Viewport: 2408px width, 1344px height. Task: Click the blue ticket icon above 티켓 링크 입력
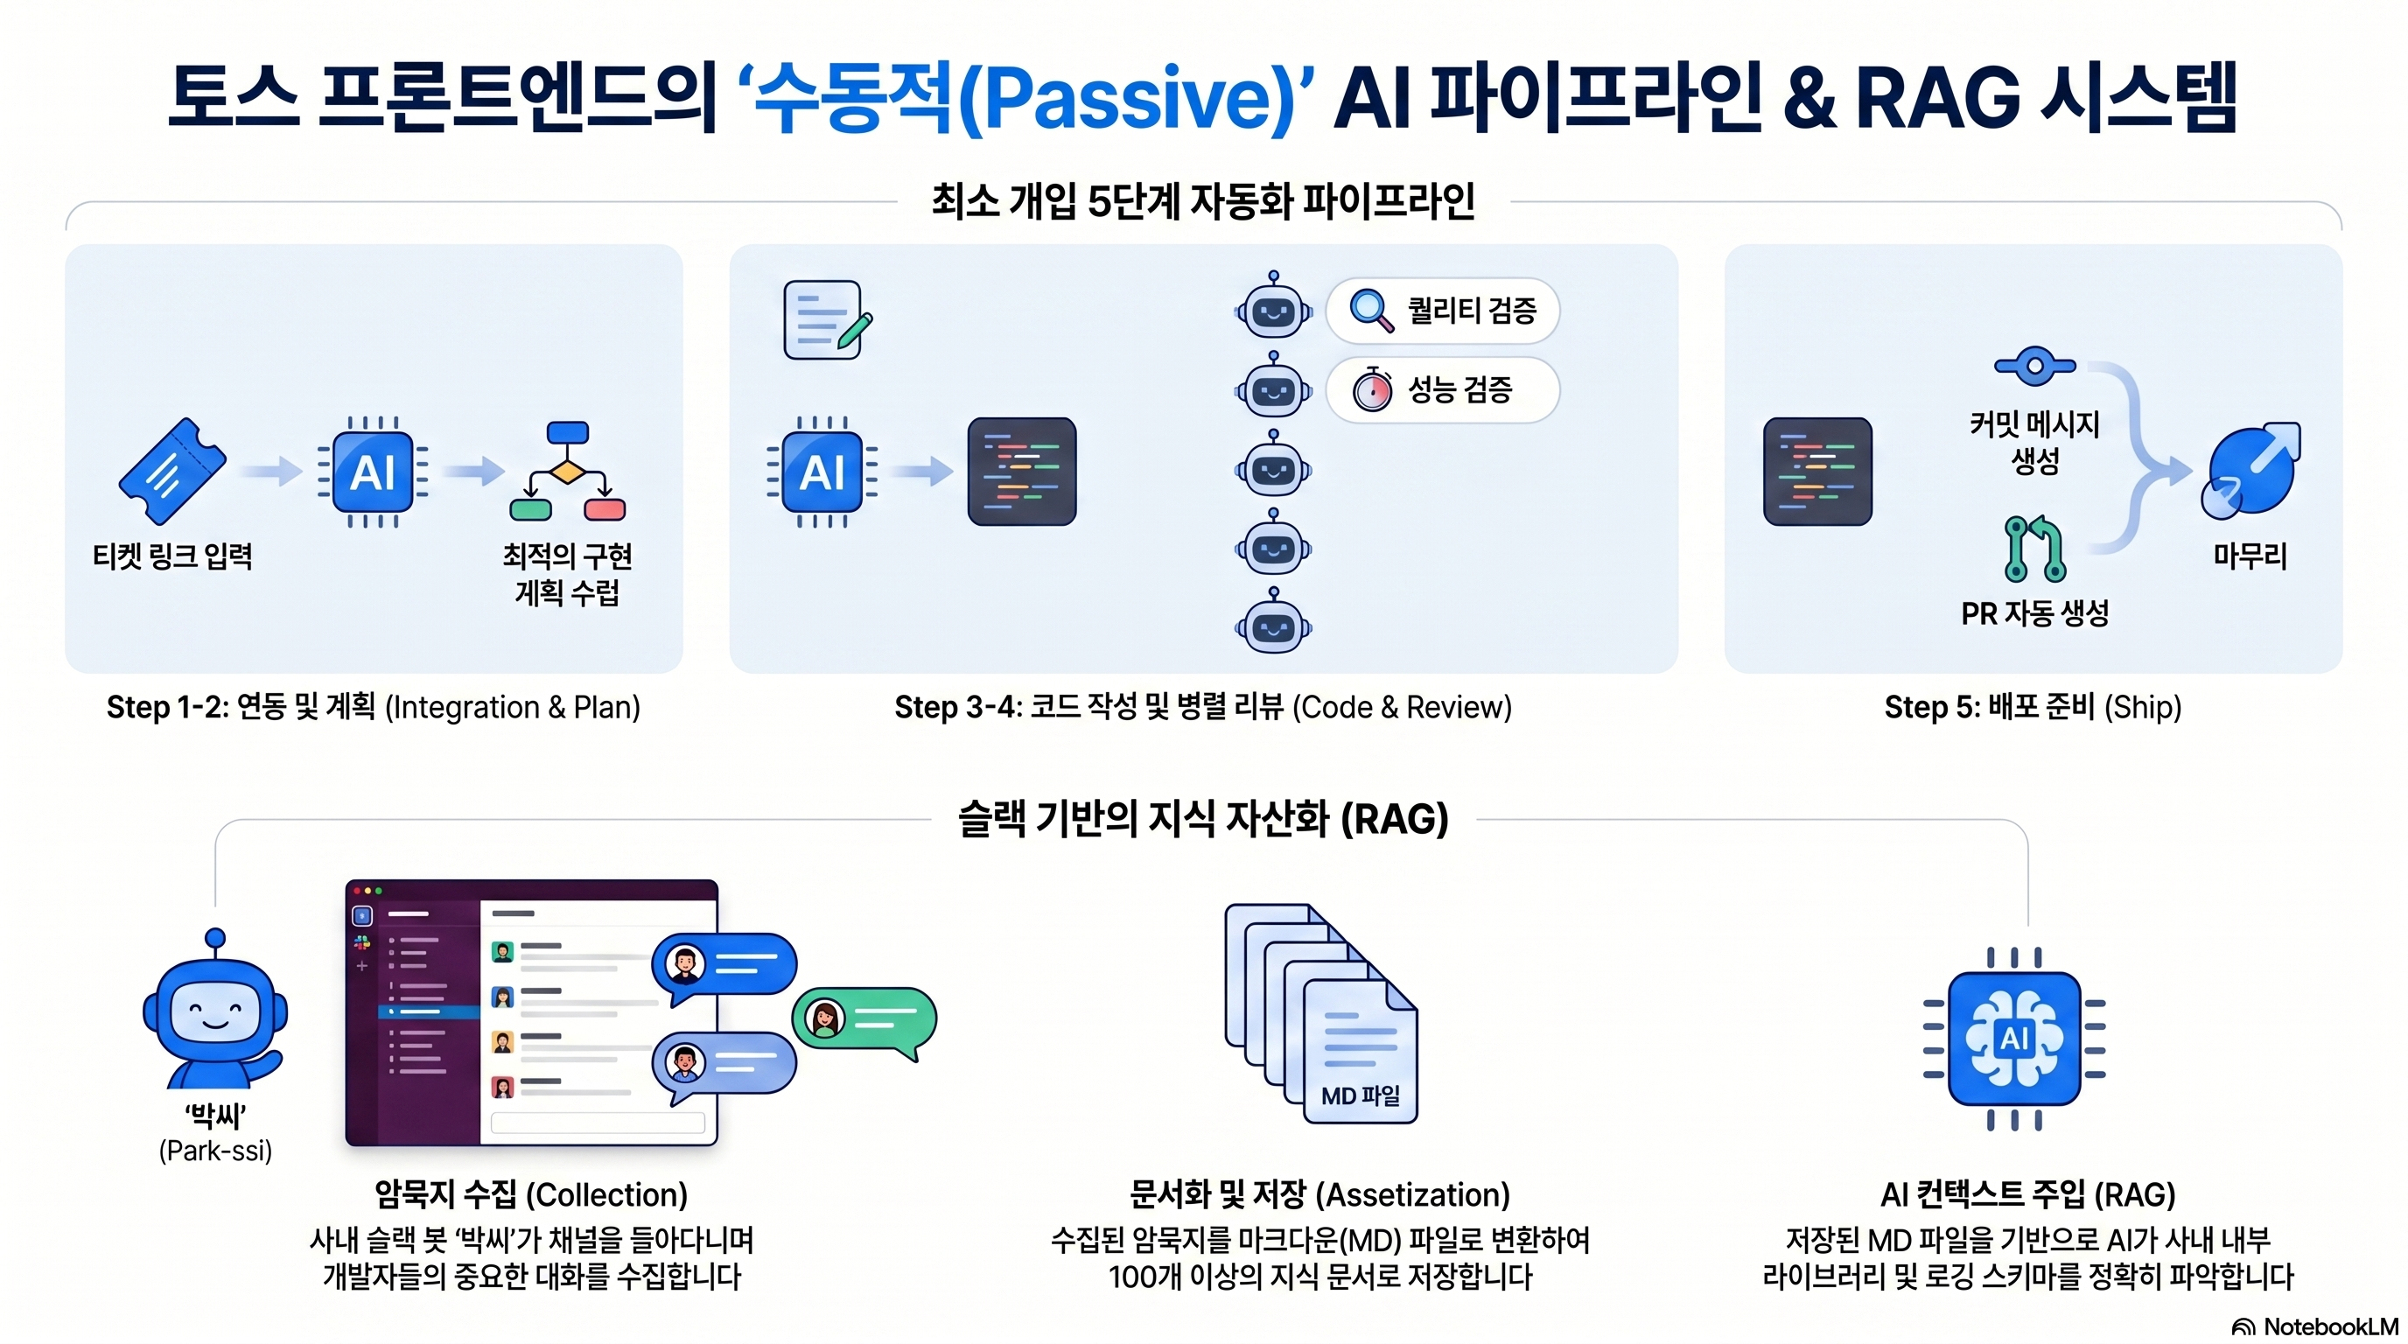point(172,471)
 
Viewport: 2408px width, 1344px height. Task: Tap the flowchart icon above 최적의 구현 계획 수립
point(567,471)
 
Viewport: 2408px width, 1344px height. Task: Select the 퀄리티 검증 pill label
point(1442,311)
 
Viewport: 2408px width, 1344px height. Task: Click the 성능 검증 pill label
point(1442,389)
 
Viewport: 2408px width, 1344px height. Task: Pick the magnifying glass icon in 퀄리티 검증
point(1372,311)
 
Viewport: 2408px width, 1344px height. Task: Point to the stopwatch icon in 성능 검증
point(1372,388)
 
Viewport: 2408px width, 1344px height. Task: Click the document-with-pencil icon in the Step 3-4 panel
point(827,319)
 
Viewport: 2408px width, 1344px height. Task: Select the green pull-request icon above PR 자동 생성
point(2035,549)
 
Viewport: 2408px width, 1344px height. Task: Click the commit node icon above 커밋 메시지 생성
point(2035,366)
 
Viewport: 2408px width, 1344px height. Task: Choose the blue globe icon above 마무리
point(2251,470)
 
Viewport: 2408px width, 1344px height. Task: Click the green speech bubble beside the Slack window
point(864,1021)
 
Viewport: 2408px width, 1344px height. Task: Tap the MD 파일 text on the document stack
point(1360,1095)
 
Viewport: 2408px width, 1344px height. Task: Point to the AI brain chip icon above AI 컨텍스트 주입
point(2014,1039)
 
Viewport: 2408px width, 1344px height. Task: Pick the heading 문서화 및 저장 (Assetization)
point(1319,1193)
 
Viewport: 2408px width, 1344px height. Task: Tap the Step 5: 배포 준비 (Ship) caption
point(2033,707)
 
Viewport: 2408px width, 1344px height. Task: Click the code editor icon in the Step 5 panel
point(1817,471)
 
